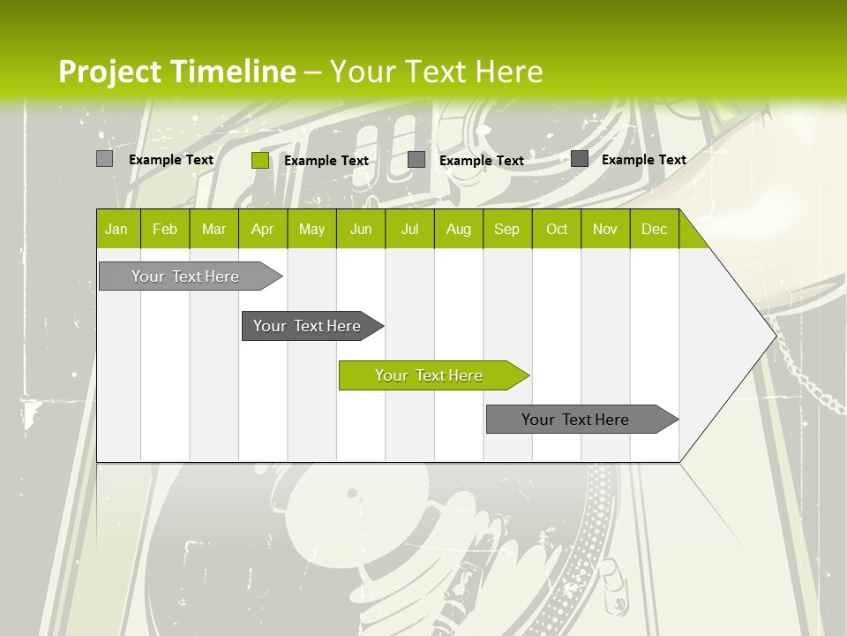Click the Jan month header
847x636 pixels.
point(117,229)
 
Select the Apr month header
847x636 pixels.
point(263,229)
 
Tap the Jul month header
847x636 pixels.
point(410,229)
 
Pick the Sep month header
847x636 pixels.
point(507,229)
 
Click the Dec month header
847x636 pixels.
point(654,229)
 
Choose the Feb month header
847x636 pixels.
point(165,229)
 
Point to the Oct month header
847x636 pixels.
point(557,229)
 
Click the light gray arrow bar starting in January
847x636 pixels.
point(185,276)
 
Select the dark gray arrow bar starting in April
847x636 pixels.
point(307,326)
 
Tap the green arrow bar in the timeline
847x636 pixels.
point(429,375)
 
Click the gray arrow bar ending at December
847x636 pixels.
point(575,420)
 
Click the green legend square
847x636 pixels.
point(260,160)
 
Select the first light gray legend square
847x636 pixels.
point(105,159)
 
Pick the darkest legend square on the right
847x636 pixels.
point(580,159)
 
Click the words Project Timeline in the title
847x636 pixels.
point(177,72)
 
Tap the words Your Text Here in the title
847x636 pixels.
point(436,72)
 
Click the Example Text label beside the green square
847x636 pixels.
point(326,160)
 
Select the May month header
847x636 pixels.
point(311,229)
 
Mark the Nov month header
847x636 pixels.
point(605,229)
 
